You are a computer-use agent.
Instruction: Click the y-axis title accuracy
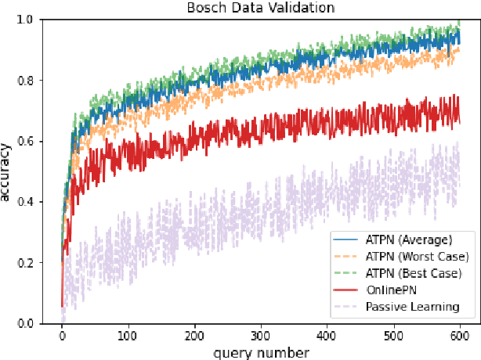tap(9, 171)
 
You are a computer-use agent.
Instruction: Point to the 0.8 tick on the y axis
tap(34, 81)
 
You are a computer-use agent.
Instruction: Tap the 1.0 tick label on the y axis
tap(34, 20)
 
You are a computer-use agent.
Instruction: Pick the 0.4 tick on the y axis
tap(34, 202)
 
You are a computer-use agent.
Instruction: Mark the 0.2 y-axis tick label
tap(34, 263)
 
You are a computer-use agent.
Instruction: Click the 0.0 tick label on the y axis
tap(34, 323)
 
